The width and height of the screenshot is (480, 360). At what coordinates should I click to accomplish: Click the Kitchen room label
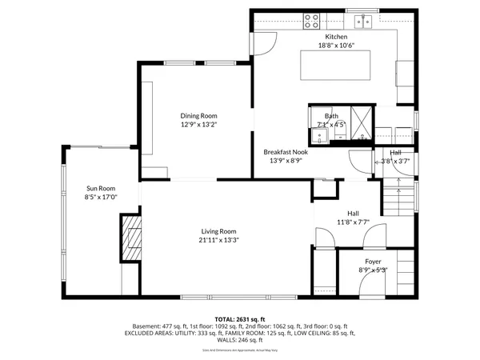tap(336, 37)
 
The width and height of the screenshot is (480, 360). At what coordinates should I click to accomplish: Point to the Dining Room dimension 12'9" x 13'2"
tap(198, 125)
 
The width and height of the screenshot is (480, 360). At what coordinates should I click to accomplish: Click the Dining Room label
tap(198, 116)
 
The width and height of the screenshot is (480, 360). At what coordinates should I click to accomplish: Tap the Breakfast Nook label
tap(286, 151)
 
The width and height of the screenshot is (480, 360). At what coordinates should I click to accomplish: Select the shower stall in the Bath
tap(361, 123)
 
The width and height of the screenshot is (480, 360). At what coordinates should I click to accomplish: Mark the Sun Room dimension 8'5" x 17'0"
tap(101, 197)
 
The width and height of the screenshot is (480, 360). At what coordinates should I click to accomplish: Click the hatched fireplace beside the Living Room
tap(130, 238)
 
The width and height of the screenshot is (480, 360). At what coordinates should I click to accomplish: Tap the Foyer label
tap(373, 262)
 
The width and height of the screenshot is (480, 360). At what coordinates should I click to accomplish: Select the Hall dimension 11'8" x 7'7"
tap(352, 222)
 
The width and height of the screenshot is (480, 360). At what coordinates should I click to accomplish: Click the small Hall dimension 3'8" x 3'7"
tap(395, 161)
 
